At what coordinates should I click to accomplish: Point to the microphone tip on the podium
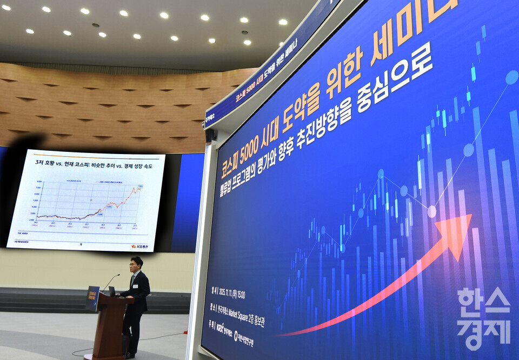[x=119, y=275]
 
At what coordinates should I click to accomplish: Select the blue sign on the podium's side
[x=92, y=298]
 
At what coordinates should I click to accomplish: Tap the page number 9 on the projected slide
[x=81, y=244]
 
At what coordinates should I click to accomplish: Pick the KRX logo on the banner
[x=221, y=328]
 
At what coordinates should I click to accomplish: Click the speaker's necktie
[x=133, y=281]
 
